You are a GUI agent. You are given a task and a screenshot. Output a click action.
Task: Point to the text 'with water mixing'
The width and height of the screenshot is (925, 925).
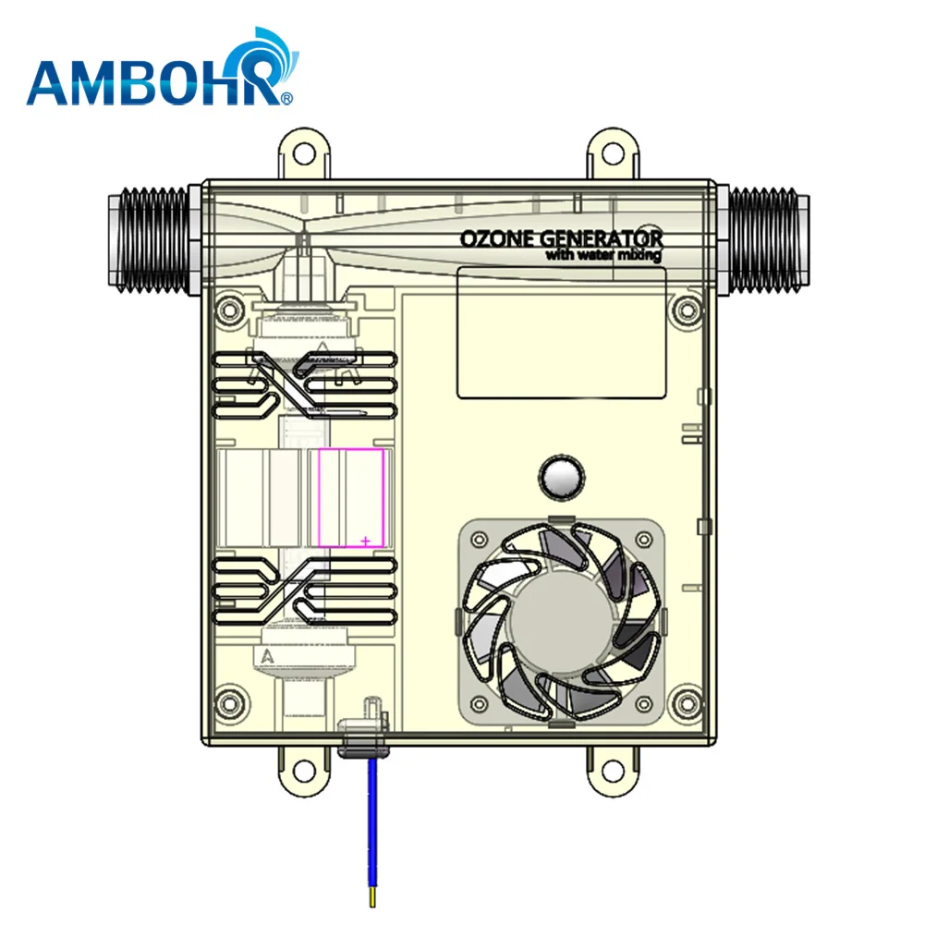pyautogui.click(x=602, y=256)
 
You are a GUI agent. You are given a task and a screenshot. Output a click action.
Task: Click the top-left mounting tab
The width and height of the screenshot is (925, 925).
pyautogui.click(x=304, y=152)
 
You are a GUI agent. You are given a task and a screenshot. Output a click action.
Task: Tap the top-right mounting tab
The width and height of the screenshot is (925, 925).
pyautogui.click(x=614, y=152)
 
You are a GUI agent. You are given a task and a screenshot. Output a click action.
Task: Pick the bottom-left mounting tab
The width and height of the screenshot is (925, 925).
pyautogui.click(x=304, y=766)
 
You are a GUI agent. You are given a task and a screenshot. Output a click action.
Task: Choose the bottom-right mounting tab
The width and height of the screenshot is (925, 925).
pyautogui.click(x=614, y=766)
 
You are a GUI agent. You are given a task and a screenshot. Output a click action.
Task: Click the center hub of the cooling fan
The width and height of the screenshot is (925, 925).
pyautogui.click(x=560, y=627)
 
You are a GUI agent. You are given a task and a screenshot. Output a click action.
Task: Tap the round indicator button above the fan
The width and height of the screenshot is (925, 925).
pyautogui.click(x=561, y=477)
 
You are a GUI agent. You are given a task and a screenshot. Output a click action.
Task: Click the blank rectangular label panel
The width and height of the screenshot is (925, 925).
pyautogui.click(x=563, y=333)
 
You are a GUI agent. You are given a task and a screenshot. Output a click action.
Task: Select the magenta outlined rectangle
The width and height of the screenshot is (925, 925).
pyautogui.click(x=351, y=498)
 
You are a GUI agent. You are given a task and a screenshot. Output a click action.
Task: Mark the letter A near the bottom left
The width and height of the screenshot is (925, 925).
pyautogui.click(x=267, y=657)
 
